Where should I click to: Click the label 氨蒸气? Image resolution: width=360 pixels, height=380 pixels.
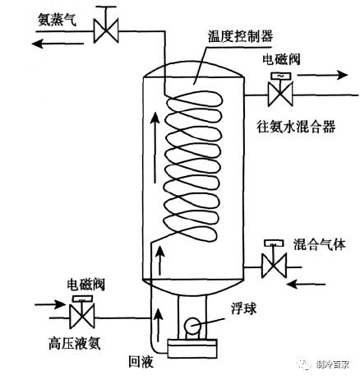click(57, 20)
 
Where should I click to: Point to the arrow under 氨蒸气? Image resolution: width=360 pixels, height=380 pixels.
click(58, 44)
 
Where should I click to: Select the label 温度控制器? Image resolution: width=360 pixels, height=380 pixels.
click(240, 36)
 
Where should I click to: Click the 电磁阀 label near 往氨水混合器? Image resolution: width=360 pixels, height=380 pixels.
click(281, 59)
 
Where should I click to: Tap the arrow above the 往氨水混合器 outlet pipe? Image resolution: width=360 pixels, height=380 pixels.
click(322, 75)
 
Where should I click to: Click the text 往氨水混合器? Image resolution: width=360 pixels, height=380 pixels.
click(296, 127)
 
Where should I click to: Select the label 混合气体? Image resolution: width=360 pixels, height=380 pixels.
click(319, 244)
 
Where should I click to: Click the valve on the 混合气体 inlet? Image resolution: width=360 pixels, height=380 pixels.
click(274, 259)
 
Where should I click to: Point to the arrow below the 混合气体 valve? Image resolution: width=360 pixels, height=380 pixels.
click(306, 285)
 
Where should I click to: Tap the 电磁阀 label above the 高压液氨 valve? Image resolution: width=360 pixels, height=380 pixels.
click(86, 284)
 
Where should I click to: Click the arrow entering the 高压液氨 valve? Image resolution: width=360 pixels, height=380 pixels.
click(50, 304)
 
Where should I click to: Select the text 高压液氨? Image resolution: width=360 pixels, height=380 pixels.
click(74, 343)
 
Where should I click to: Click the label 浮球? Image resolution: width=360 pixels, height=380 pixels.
click(243, 308)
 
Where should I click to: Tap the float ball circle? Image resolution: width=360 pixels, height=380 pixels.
click(192, 326)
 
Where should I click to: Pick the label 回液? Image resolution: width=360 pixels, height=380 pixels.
click(141, 361)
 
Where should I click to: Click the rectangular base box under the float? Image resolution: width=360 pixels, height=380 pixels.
click(192, 349)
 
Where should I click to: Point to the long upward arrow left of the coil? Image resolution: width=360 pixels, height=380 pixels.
click(155, 147)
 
